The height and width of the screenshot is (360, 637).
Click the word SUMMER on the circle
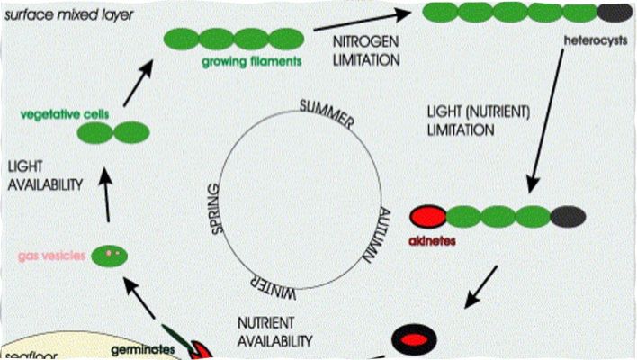click(x=328, y=114)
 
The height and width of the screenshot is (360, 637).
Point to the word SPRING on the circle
click(x=216, y=209)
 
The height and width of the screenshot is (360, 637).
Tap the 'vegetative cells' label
click(x=55, y=114)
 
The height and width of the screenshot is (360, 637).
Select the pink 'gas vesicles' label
click(x=51, y=256)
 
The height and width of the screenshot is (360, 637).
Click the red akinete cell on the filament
click(x=427, y=217)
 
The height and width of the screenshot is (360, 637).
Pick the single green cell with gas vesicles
click(x=109, y=255)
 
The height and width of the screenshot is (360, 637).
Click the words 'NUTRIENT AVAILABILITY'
click(x=274, y=331)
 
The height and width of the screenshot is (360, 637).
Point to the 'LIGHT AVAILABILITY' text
click(x=44, y=175)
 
